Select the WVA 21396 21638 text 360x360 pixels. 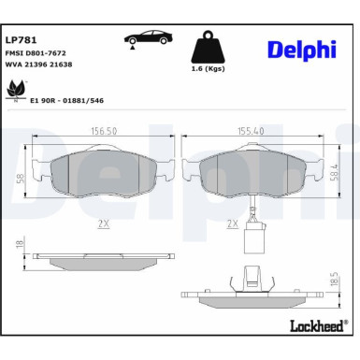coord(38,65)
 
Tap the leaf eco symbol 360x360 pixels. coord(16,90)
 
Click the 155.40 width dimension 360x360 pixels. coord(252,133)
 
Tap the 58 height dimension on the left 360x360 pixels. coord(18,177)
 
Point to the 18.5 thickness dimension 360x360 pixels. coord(332,280)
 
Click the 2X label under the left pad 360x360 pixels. coord(102,224)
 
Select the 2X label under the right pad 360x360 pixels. coord(231,224)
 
